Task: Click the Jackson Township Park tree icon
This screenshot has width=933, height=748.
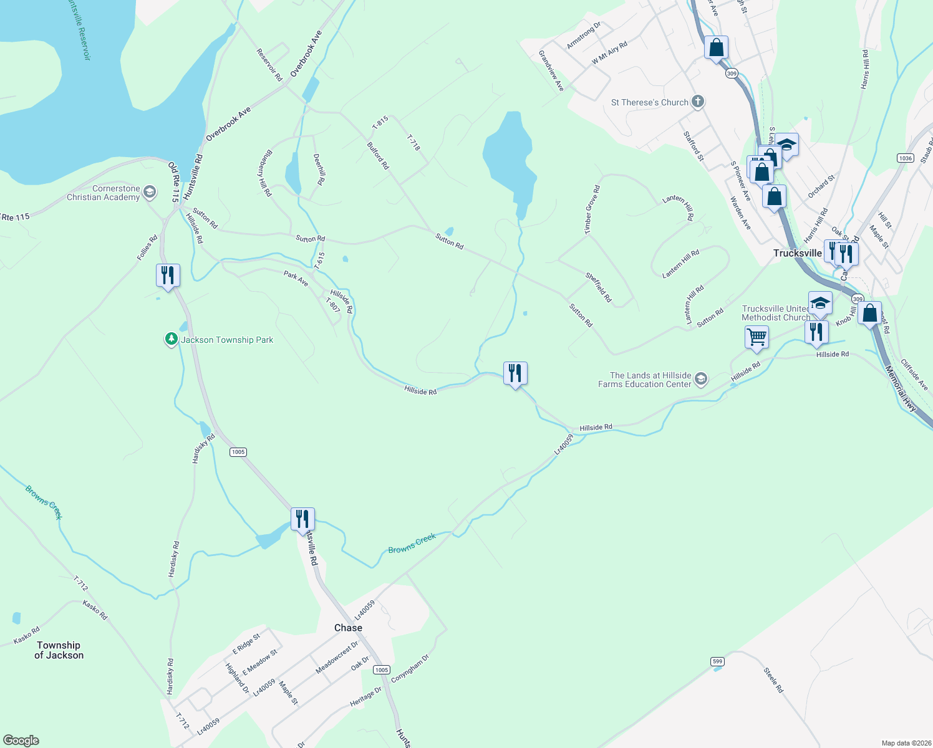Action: pyautogui.click(x=171, y=340)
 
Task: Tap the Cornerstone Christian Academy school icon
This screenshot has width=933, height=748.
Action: pyautogui.click(x=150, y=192)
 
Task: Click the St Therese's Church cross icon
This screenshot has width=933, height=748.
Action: pyautogui.click(x=699, y=102)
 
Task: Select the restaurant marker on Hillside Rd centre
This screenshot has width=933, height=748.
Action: pyautogui.click(x=515, y=374)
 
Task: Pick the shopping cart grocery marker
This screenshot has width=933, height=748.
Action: pyautogui.click(x=757, y=337)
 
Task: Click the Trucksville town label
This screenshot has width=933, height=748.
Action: pyautogui.click(x=797, y=253)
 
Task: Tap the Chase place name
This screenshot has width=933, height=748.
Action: pyautogui.click(x=348, y=628)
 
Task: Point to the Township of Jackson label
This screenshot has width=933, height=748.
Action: pyautogui.click(x=59, y=650)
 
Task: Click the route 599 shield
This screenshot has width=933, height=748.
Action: pyautogui.click(x=717, y=661)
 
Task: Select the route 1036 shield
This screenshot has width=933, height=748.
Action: pyautogui.click(x=906, y=158)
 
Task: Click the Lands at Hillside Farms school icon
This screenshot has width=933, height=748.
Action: pyautogui.click(x=701, y=380)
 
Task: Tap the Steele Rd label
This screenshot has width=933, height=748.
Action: pyautogui.click(x=773, y=680)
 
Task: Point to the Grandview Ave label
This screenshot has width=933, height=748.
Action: pyautogui.click(x=551, y=71)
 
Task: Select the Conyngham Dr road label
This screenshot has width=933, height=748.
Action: pyautogui.click(x=410, y=668)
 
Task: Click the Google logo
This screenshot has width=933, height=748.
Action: pyautogui.click(x=21, y=741)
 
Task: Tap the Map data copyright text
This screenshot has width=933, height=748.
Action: pyautogui.click(x=904, y=743)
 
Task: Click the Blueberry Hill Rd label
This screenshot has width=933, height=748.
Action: pyautogui.click(x=265, y=173)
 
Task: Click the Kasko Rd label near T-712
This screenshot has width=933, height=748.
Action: pyautogui.click(x=95, y=610)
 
